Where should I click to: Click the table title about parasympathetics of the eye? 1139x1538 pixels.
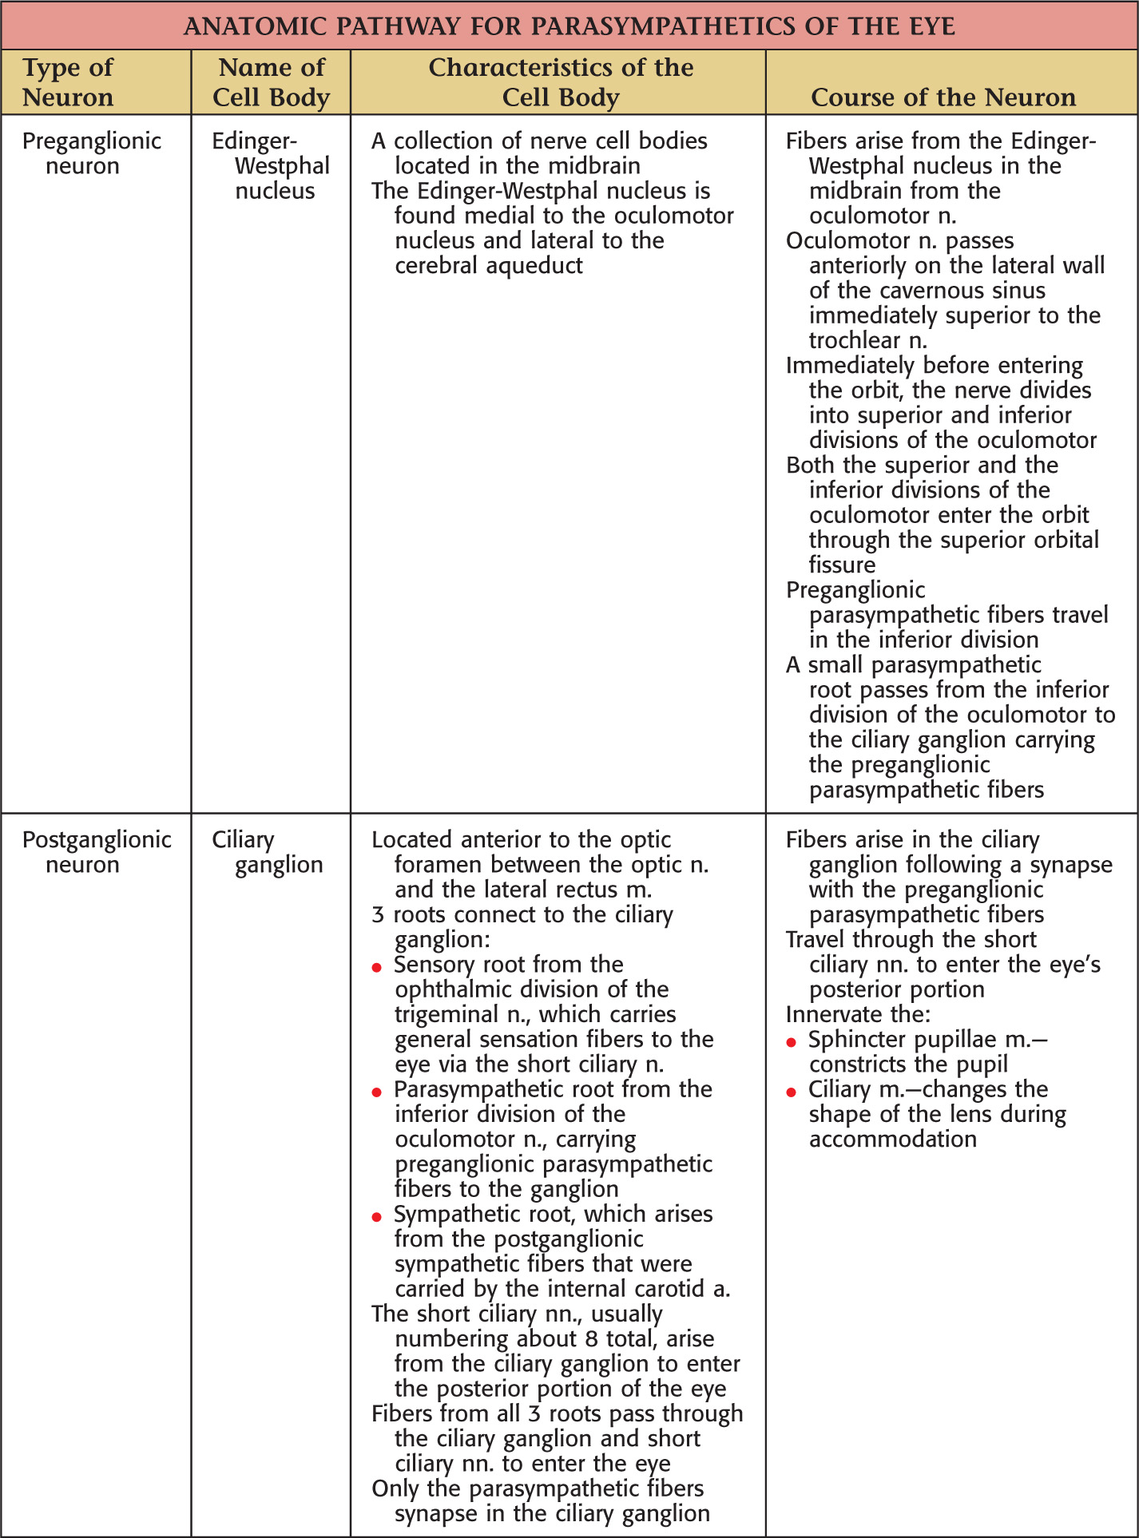click(x=569, y=26)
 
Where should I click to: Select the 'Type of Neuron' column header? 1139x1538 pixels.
click(x=68, y=82)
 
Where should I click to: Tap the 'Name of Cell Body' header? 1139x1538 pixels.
click(x=271, y=82)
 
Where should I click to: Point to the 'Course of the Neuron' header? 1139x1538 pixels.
click(x=943, y=97)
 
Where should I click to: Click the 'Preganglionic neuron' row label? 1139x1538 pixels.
click(x=91, y=153)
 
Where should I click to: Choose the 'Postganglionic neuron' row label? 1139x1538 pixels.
click(x=96, y=852)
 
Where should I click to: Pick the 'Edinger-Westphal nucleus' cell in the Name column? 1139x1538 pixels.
click(x=271, y=166)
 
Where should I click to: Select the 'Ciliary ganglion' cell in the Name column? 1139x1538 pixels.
click(x=267, y=852)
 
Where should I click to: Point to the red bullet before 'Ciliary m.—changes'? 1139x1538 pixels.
click(x=792, y=1092)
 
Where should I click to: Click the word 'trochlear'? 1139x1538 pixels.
click(x=854, y=340)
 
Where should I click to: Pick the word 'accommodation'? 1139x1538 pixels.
click(x=892, y=1140)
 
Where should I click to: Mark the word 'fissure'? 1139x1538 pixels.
click(x=842, y=565)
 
